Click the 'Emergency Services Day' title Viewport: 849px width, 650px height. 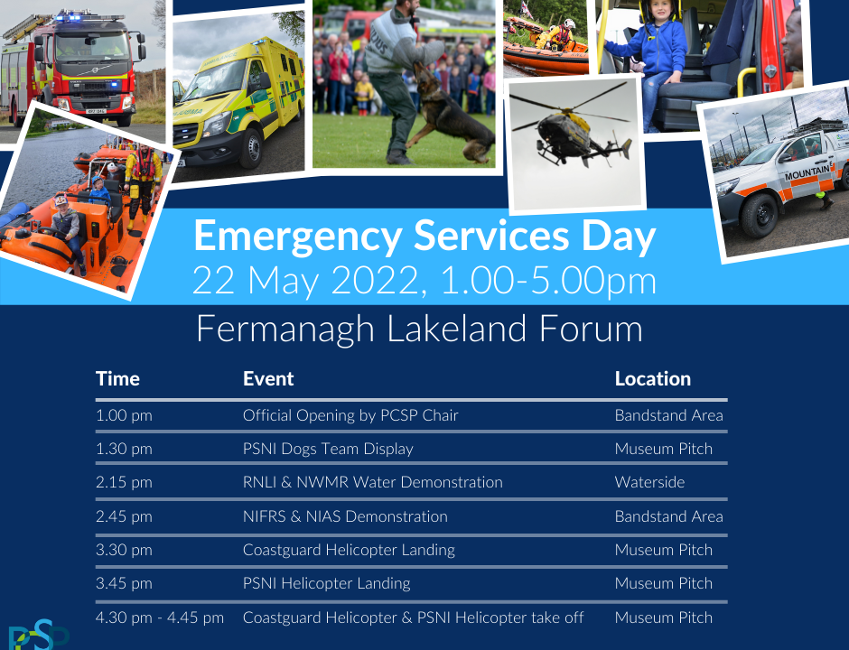pyautogui.click(x=424, y=237)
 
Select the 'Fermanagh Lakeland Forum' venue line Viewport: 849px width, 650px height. pyautogui.click(x=419, y=329)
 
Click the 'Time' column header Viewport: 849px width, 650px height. pyautogui.click(x=117, y=379)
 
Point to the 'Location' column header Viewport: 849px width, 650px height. pyautogui.click(x=652, y=379)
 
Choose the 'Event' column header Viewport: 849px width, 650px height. pyautogui.click(x=268, y=379)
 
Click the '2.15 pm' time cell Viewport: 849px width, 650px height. pyautogui.click(x=124, y=482)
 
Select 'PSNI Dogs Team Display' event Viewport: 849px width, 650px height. pyautogui.click(x=328, y=449)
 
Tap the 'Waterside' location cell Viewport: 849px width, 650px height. pyautogui.click(x=649, y=482)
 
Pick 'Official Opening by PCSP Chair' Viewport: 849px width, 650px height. pyautogui.click(x=350, y=415)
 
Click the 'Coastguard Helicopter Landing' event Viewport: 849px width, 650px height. pyautogui.click(x=349, y=550)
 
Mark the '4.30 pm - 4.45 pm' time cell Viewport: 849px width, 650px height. pyautogui.click(x=160, y=617)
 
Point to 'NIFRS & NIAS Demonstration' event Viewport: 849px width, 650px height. pyautogui.click(x=345, y=516)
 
